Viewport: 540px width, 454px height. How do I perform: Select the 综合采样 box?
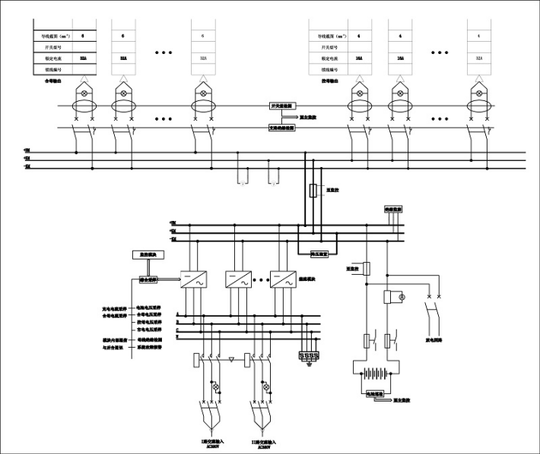point(147,279)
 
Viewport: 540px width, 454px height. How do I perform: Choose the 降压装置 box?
point(313,255)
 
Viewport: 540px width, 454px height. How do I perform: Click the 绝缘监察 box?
point(392,208)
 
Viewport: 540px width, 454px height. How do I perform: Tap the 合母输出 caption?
point(52,80)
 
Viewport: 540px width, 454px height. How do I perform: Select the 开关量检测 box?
point(283,106)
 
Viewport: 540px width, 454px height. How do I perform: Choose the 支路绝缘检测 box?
point(283,128)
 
